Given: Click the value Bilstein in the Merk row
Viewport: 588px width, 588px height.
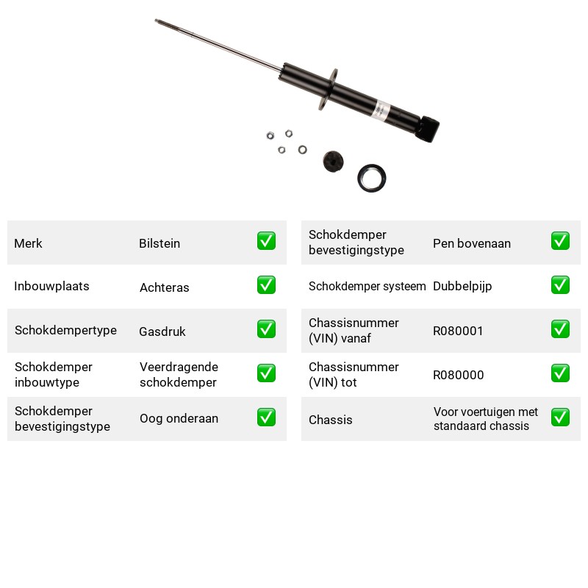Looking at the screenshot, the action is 159,243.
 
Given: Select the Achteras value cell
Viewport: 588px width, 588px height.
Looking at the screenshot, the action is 164,287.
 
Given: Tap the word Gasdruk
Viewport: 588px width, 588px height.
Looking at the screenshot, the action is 162,331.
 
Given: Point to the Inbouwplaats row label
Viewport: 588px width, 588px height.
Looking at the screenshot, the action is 51,286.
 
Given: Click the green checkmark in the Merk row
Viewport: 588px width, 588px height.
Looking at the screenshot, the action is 266,241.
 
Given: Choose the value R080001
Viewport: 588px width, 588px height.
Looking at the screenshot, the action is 458,331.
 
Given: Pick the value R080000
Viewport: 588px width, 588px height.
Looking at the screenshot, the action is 458,375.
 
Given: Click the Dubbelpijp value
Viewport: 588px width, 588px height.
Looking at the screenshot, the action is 462,287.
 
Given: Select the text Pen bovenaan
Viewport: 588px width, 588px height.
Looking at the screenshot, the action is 472,243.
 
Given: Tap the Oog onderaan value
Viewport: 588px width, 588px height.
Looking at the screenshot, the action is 179,418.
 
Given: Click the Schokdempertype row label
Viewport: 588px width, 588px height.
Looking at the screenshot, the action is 65,330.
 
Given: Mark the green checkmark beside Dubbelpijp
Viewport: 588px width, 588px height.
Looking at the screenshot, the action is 560,285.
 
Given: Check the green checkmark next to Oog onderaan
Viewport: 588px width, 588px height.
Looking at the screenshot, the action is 266,417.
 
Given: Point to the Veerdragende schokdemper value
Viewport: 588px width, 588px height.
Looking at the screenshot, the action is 179,375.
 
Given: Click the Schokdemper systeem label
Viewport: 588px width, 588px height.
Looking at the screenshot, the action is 367,286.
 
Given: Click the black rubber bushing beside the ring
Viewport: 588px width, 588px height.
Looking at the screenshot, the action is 333,162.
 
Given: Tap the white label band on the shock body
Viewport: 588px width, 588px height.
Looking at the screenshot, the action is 381,110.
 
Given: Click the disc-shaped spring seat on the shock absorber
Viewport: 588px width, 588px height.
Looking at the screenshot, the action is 328,90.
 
